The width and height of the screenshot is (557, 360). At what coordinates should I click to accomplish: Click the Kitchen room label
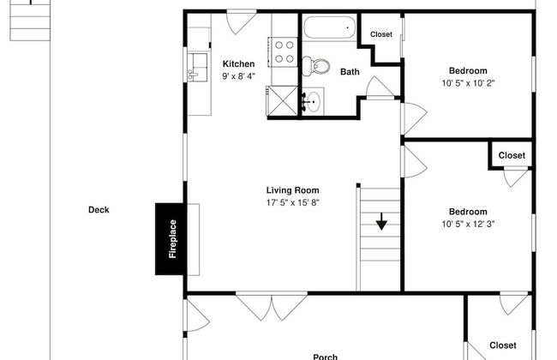tap(238, 64)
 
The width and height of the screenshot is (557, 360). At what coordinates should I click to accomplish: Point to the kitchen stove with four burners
tap(284, 51)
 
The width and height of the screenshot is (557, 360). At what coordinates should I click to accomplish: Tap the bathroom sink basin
tap(312, 99)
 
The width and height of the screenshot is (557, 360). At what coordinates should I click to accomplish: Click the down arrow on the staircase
tap(380, 224)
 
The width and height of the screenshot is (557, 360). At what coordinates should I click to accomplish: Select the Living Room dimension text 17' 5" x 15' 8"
tap(292, 203)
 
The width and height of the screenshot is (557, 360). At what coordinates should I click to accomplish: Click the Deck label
tap(99, 209)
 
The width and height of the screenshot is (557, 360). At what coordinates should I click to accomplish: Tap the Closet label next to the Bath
tap(380, 34)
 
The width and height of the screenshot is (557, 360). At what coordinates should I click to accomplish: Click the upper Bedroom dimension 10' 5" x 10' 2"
tap(468, 83)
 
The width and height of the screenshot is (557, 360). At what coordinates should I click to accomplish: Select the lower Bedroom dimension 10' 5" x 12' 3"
tap(468, 225)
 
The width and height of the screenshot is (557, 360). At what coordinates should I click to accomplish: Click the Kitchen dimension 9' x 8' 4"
tap(238, 76)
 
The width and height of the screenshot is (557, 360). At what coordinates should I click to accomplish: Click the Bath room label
tap(349, 73)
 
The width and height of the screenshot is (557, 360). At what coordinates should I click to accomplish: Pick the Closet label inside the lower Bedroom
tap(512, 155)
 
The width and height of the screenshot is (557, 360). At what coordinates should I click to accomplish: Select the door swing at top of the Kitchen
tap(237, 22)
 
